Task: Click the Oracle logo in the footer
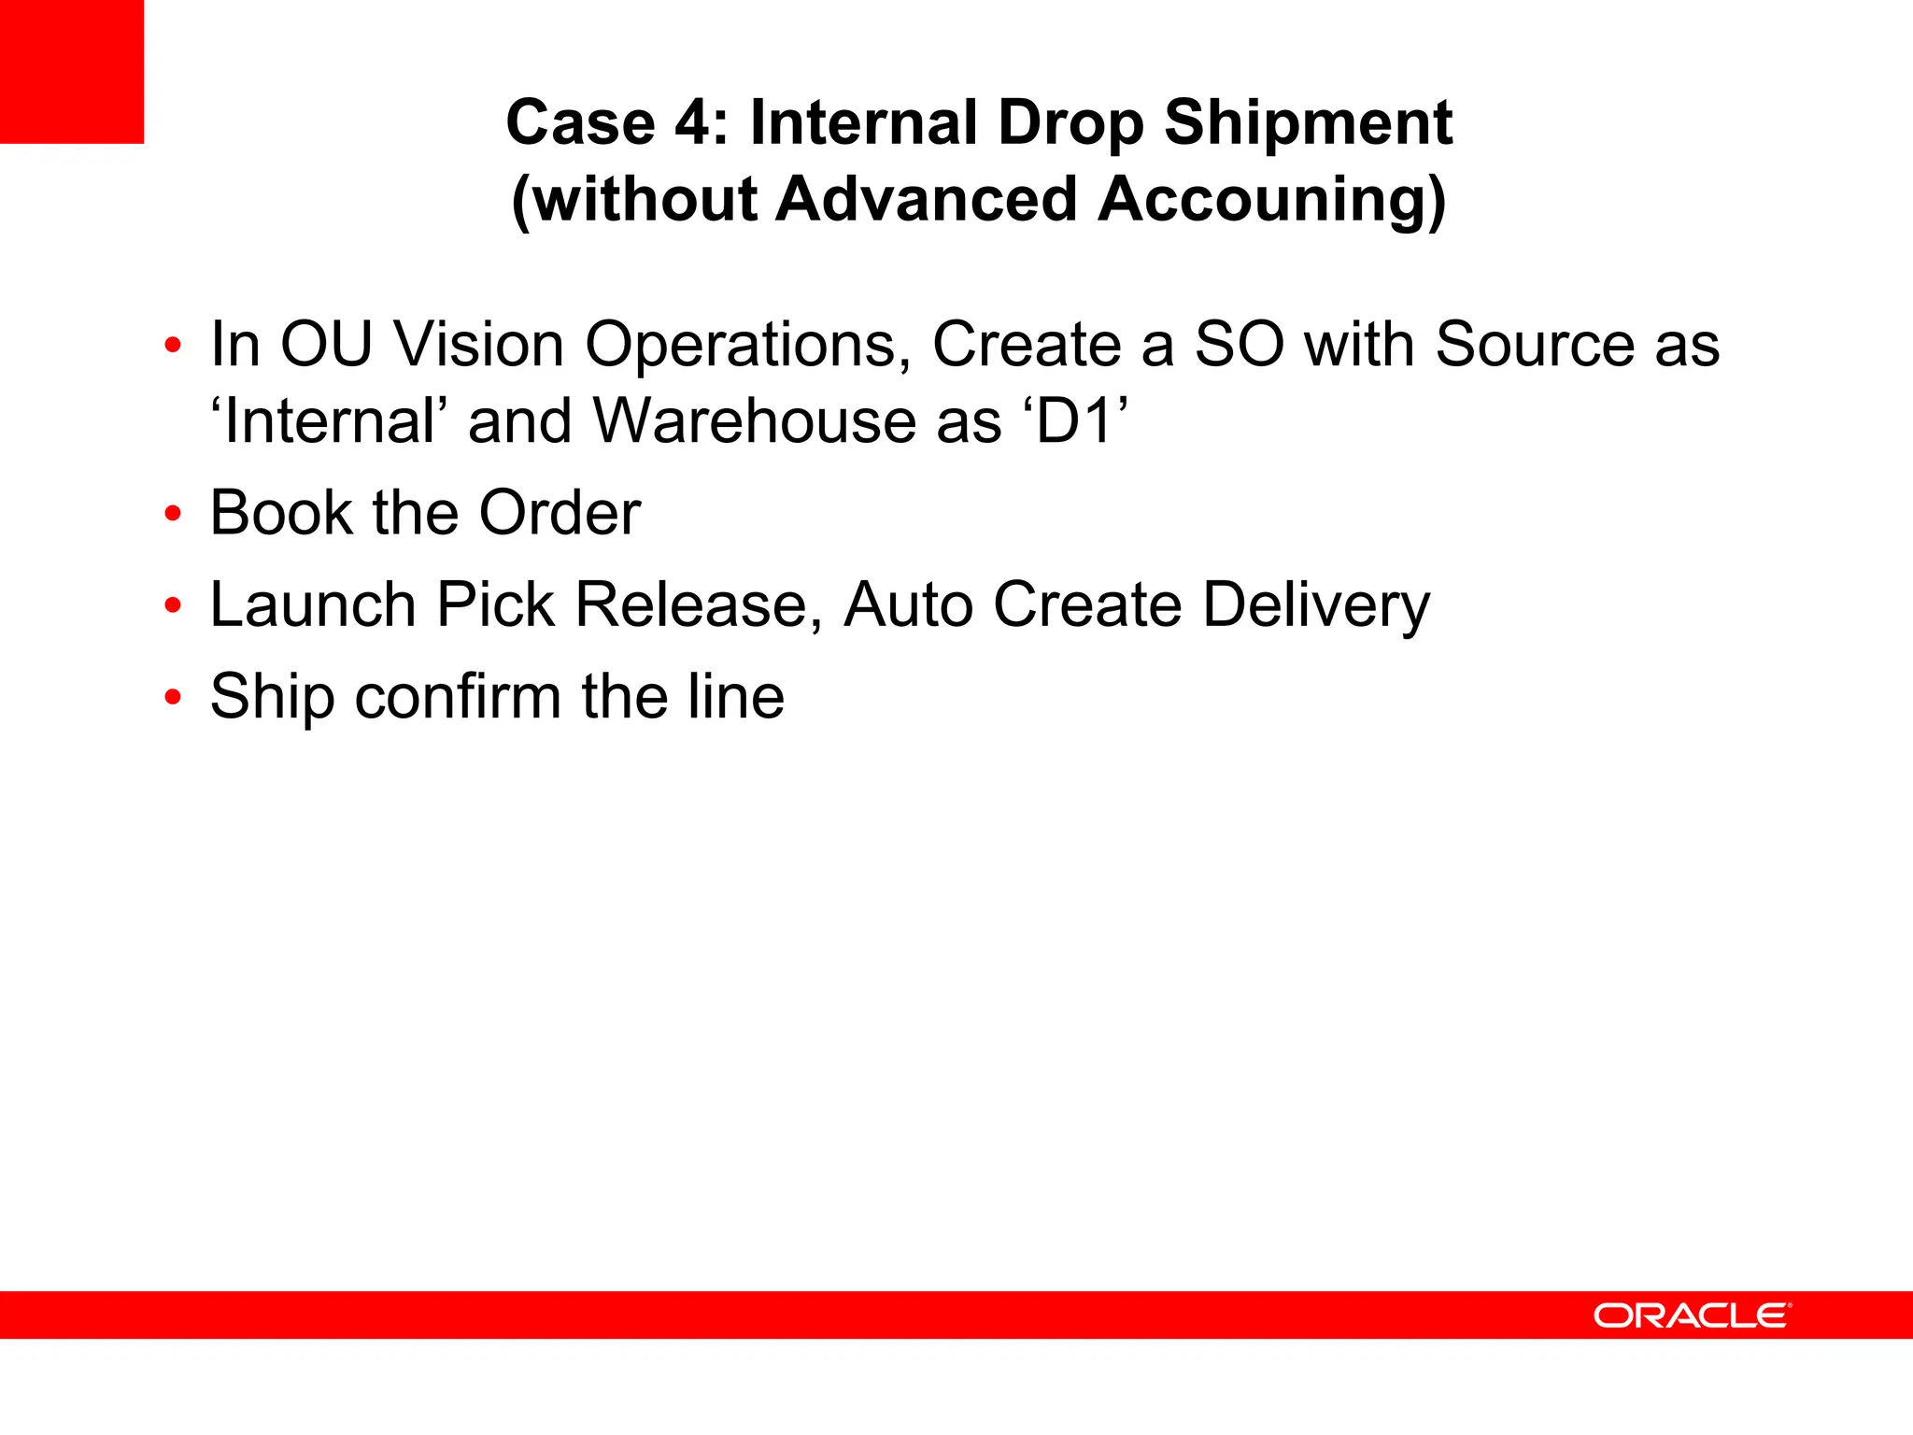(x=1692, y=1315)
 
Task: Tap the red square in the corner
(x=72, y=71)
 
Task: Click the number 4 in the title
(x=693, y=123)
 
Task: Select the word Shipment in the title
(x=1308, y=123)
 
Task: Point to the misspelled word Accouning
(x=1271, y=200)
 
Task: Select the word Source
(x=1535, y=345)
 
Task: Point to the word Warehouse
(x=799, y=421)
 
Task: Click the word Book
(x=281, y=513)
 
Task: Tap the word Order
(x=560, y=513)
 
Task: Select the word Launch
(x=313, y=604)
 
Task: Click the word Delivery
(x=1315, y=606)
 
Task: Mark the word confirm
(x=459, y=697)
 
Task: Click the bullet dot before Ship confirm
(x=173, y=697)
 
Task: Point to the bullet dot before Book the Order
(x=173, y=513)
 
